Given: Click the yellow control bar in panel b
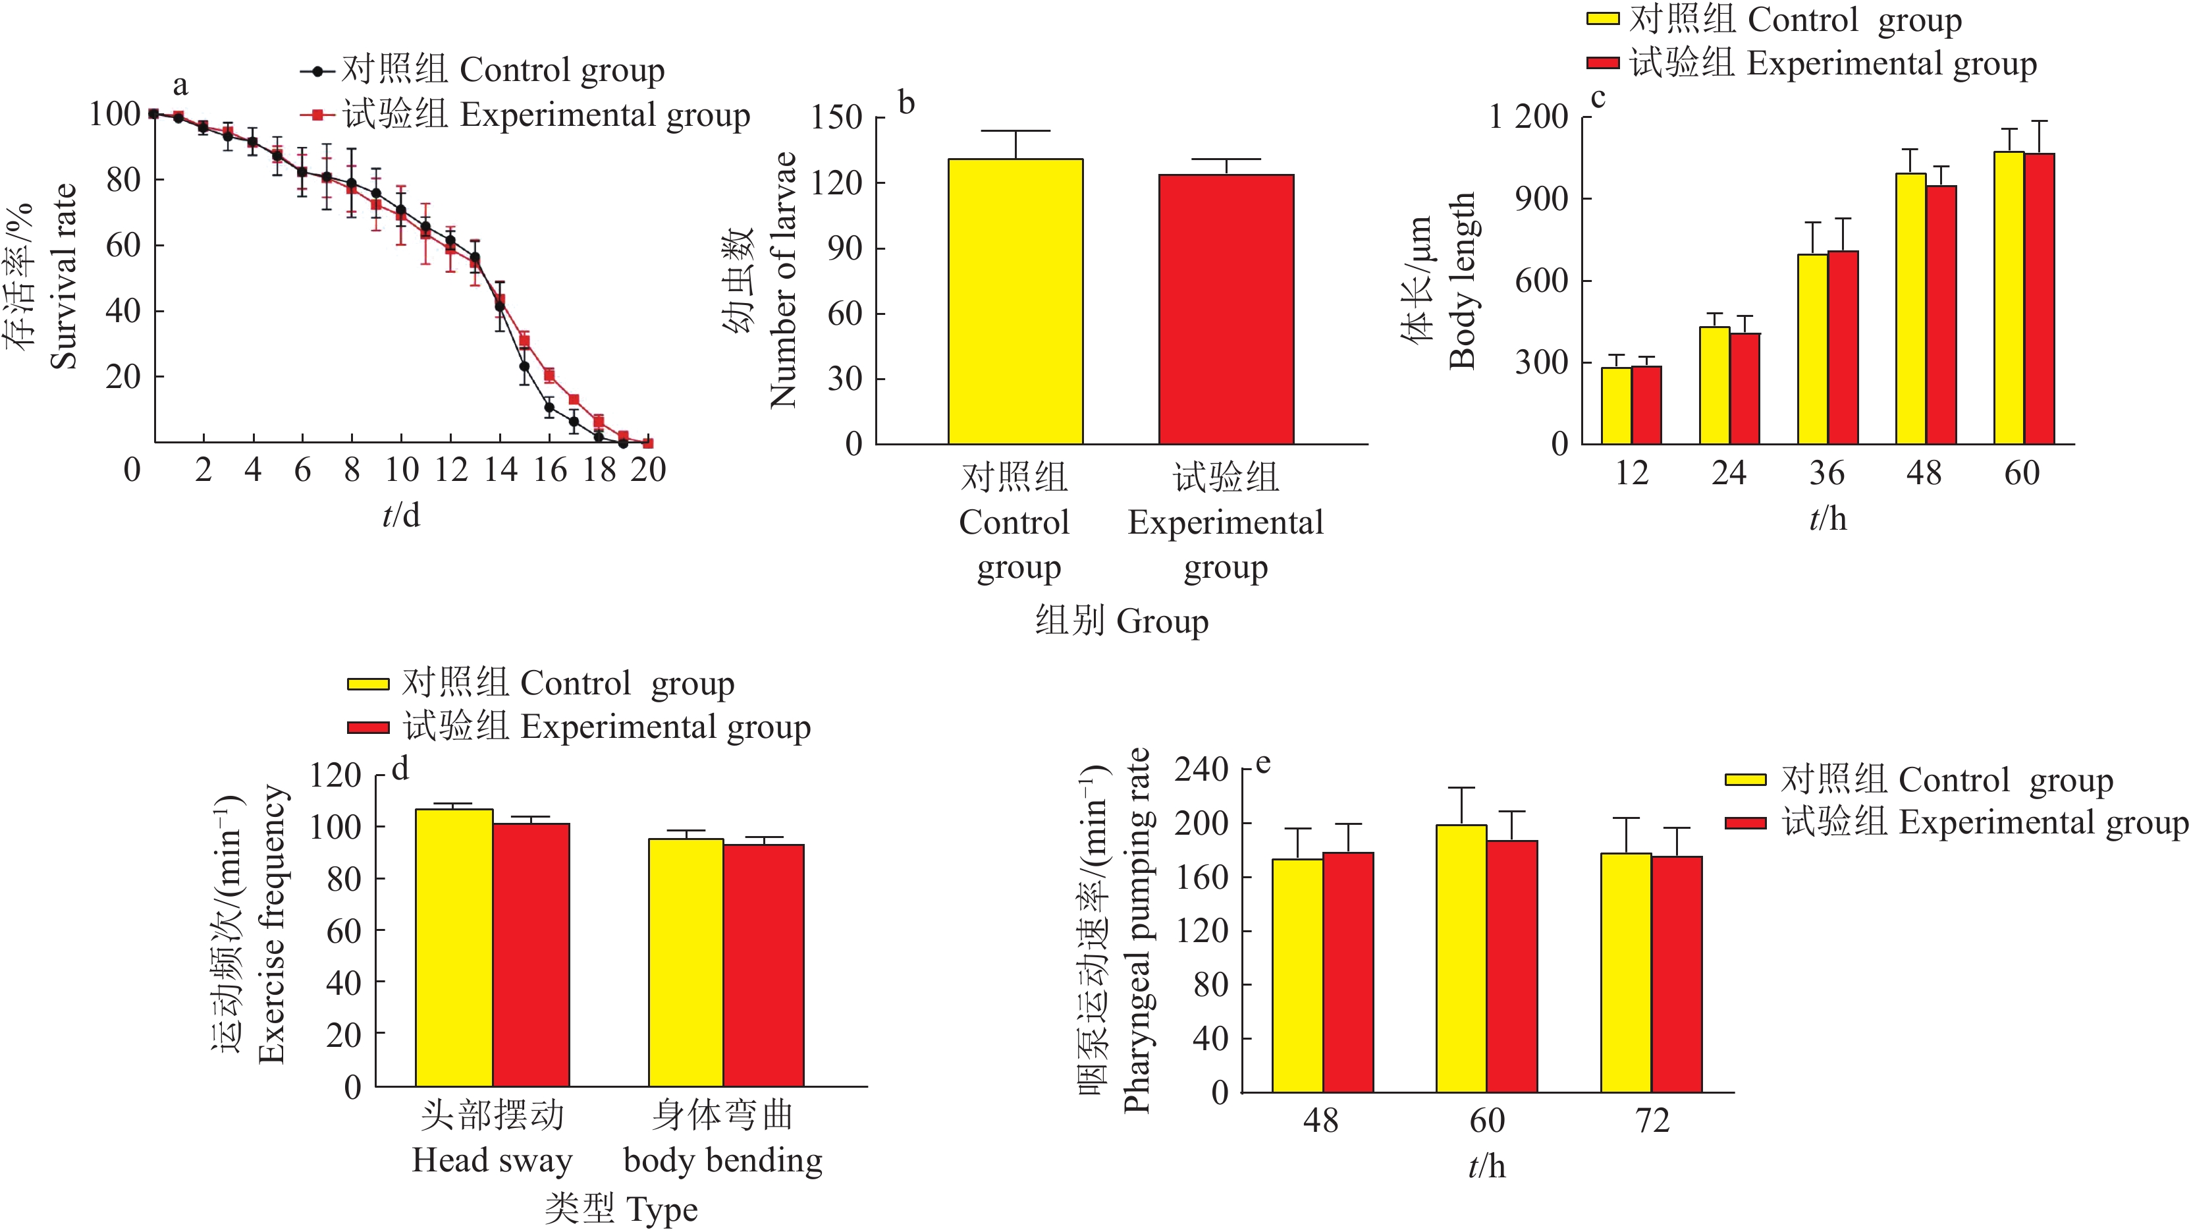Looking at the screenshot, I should (x=1015, y=301).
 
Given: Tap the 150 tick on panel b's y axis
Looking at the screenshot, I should (x=837, y=117).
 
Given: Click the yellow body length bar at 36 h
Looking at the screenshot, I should (x=1812, y=349).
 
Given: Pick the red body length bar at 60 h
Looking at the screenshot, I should (x=2039, y=298).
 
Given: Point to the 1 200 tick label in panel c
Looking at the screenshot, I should (x=1528, y=116).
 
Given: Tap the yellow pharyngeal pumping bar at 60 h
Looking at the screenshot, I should (x=1461, y=958).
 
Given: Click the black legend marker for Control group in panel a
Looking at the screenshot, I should (x=317, y=71).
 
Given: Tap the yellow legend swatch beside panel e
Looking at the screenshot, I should (x=1745, y=779).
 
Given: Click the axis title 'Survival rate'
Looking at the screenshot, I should (x=65, y=277).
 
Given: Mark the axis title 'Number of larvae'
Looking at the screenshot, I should (x=784, y=280).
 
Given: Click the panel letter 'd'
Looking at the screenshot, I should (x=400, y=769).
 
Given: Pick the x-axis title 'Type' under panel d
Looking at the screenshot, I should (x=662, y=1209).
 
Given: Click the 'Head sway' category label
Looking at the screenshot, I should (x=492, y=1161).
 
